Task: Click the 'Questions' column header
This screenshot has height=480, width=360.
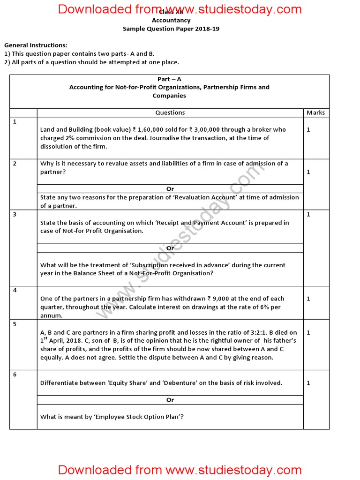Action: [x=170, y=112]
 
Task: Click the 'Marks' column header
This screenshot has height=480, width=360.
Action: [x=315, y=112]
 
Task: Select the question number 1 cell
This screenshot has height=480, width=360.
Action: [x=15, y=122]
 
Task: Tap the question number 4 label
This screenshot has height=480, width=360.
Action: [x=15, y=291]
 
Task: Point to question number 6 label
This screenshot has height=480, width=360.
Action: [x=15, y=375]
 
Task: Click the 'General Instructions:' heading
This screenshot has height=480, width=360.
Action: [x=36, y=45]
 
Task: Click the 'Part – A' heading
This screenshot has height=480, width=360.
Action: [x=169, y=79]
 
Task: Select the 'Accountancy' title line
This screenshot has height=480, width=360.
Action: [x=171, y=20]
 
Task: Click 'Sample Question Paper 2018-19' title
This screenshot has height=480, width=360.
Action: [x=171, y=29]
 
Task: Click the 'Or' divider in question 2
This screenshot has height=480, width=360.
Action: [x=170, y=189]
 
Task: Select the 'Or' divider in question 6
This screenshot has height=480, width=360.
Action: [x=170, y=400]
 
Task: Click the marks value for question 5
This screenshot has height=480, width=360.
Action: [x=308, y=332]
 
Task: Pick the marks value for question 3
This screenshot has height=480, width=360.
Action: [x=308, y=214]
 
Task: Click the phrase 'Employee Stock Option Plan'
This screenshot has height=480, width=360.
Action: [x=136, y=417]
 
